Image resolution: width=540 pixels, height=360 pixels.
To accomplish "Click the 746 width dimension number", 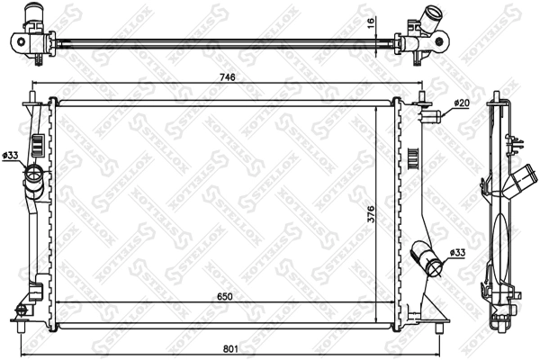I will (228, 78).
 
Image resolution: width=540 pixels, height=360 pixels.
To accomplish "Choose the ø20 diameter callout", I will (461, 103).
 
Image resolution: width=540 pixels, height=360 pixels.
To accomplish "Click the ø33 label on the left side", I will (11, 157).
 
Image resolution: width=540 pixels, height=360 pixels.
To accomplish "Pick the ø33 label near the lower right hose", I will (456, 254).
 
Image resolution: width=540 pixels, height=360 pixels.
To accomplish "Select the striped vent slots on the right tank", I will (414, 157).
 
